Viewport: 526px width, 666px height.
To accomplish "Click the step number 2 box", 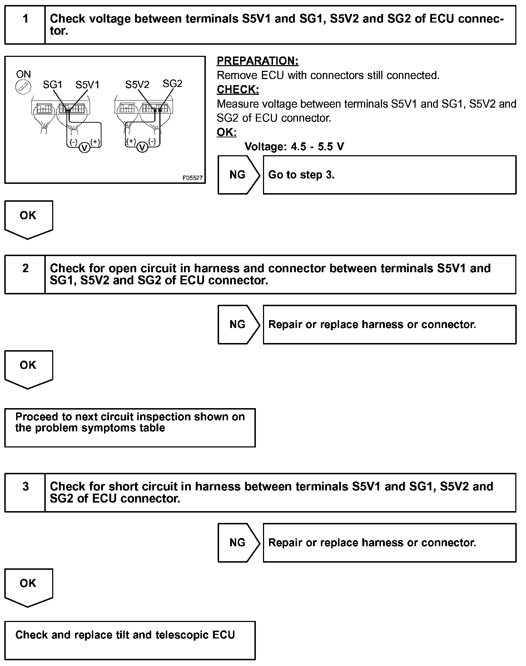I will (25, 274).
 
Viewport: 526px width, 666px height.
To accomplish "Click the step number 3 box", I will (25, 493).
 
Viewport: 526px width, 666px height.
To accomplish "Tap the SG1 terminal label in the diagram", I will (53, 85).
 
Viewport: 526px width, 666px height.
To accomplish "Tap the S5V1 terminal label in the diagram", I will (87, 85).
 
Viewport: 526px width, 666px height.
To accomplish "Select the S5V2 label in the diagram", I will (137, 85).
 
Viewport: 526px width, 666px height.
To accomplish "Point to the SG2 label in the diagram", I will (172, 84).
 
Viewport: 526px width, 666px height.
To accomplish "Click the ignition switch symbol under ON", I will (23, 87).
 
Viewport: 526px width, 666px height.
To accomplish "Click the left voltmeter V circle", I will (84, 147).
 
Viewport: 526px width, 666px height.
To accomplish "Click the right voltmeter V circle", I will (142, 147).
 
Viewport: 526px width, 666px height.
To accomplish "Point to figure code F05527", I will (193, 178).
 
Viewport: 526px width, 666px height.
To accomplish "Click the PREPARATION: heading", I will (258, 61).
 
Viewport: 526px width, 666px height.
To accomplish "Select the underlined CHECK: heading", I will (238, 89).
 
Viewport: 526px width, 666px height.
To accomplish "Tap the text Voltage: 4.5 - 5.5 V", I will (294, 147).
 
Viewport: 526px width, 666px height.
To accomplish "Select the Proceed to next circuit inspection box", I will (130, 427).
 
